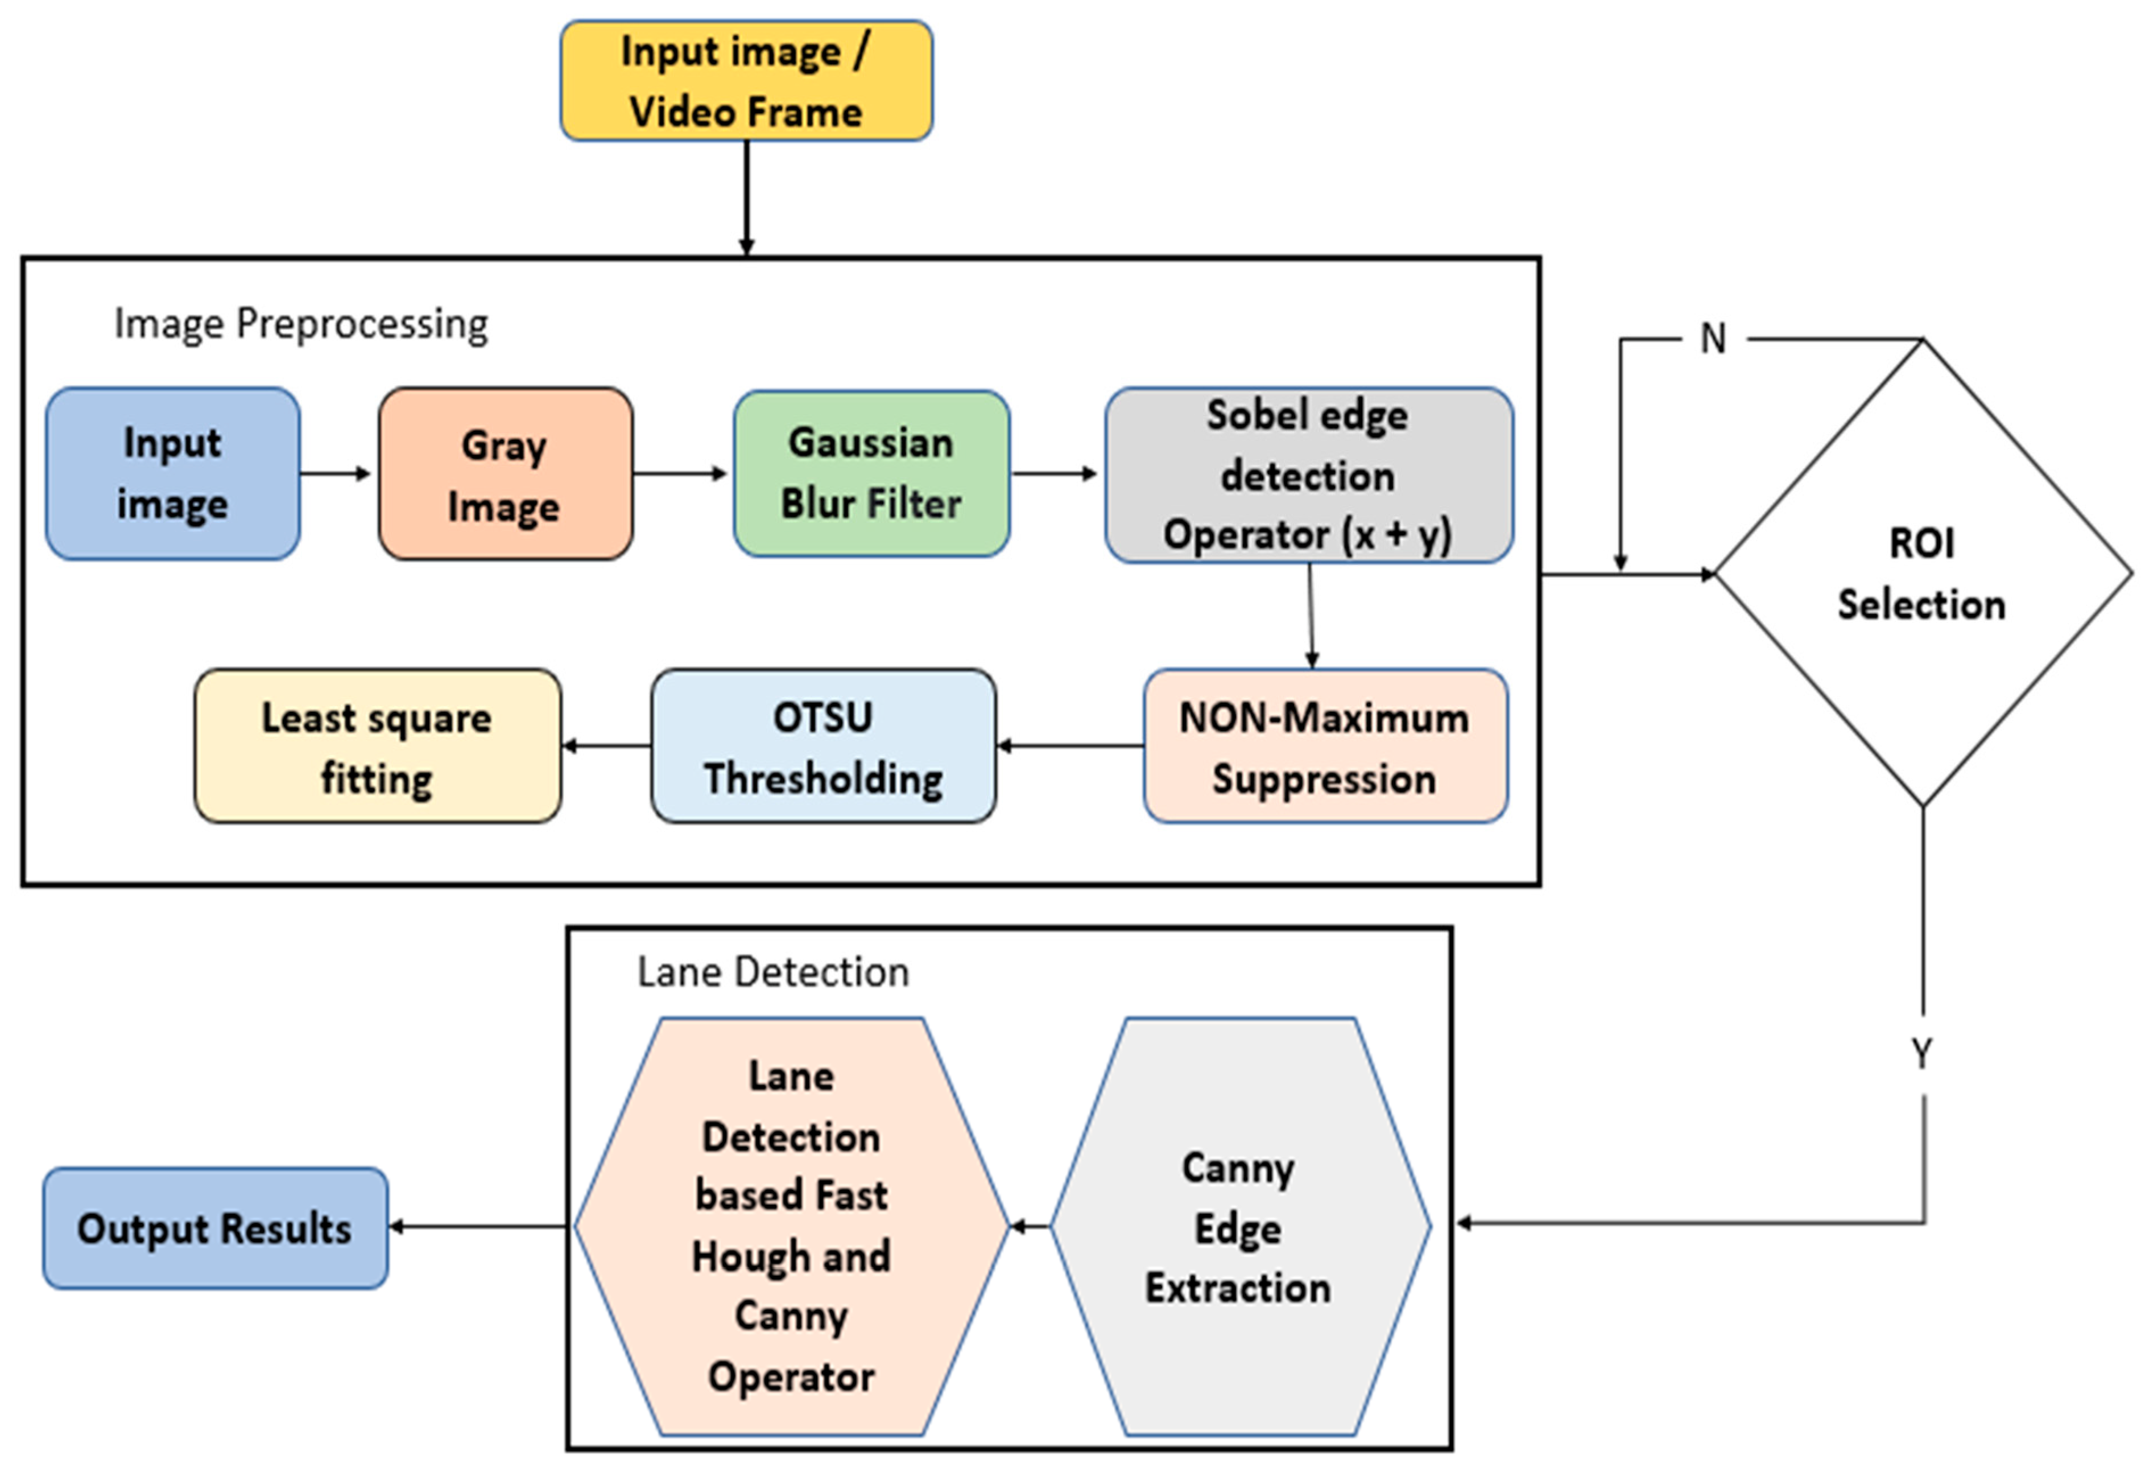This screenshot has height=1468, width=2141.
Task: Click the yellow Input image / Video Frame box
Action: pos(746,81)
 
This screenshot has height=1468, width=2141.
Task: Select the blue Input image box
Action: pos(172,473)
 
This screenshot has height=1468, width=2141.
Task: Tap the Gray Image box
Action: pos(505,473)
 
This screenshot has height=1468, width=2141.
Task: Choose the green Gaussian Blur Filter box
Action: pos(871,473)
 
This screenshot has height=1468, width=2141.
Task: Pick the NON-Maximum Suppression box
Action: pos(1325,747)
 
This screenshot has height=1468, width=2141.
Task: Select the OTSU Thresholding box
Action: pos(822,747)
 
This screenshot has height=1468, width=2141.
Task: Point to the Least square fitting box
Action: pos(377,747)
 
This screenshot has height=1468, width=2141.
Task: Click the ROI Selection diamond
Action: pos(1922,573)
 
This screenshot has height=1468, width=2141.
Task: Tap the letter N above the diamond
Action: pos(1713,339)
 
